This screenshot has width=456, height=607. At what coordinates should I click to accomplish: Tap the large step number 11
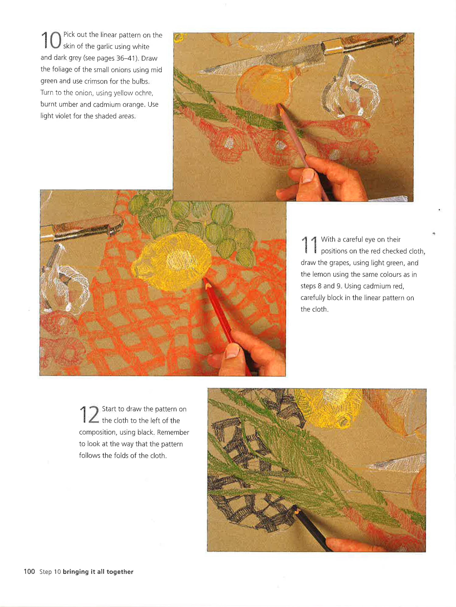pos(309,245)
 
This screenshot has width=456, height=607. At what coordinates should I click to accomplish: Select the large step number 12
pos(89,414)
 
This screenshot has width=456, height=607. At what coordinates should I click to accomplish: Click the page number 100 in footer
pos(29,572)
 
